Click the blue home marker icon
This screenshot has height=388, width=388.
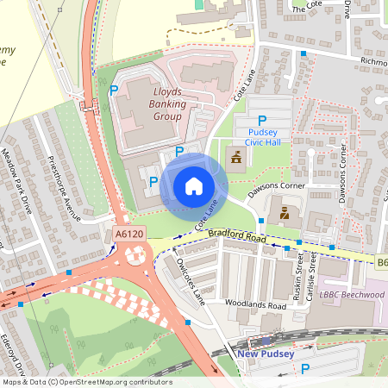click(x=194, y=185)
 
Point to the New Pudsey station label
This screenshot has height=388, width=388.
click(x=264, y=354)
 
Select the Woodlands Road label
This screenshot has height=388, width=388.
click(x=255, y=305)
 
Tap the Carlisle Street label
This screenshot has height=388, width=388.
click(x=315, y=273)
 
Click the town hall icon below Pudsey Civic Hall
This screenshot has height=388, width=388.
click(x=235, y=155)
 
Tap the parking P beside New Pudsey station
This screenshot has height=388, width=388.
click(x=305, y=368)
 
